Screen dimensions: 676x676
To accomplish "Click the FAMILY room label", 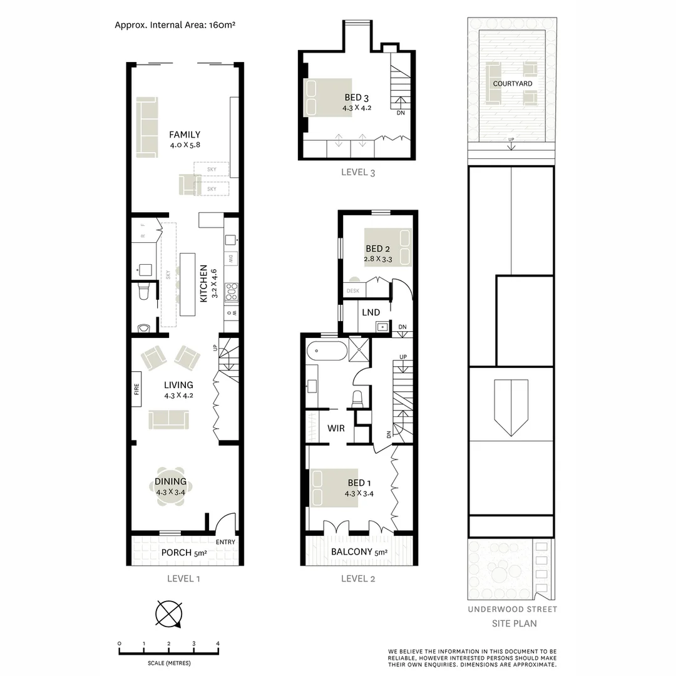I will click(x=185, y=135).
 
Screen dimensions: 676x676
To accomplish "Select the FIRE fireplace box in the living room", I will click(x=136, y=389).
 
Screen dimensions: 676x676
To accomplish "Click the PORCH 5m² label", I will click(x=184, y=553).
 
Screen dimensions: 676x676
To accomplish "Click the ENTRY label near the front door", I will click(x=225, y=542).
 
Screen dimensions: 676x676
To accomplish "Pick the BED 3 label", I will click(x=357, y=98).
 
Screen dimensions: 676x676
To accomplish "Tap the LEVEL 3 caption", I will click(x=358, y=172).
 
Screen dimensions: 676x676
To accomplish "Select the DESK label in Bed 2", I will click(x=352, y=291).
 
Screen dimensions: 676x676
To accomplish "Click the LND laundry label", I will click(x=371, y=312).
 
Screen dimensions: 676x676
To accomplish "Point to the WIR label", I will click(x=336, y=429).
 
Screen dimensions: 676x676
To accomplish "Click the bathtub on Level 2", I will click(x=325, y=351).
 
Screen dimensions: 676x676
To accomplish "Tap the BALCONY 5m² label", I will click(x=359, y=553).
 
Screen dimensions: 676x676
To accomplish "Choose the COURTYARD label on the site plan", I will click(x=513, y=83).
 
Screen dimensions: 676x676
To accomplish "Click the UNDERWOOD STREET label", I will click(x=513, y=609).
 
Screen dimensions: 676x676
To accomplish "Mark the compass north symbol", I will click(x=169, y=613).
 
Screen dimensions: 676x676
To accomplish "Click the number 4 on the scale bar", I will click(x=218, y=643).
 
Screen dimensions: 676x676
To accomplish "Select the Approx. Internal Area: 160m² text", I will click(x=175, y=26).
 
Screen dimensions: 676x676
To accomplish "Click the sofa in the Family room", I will click(x=148, y=127).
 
